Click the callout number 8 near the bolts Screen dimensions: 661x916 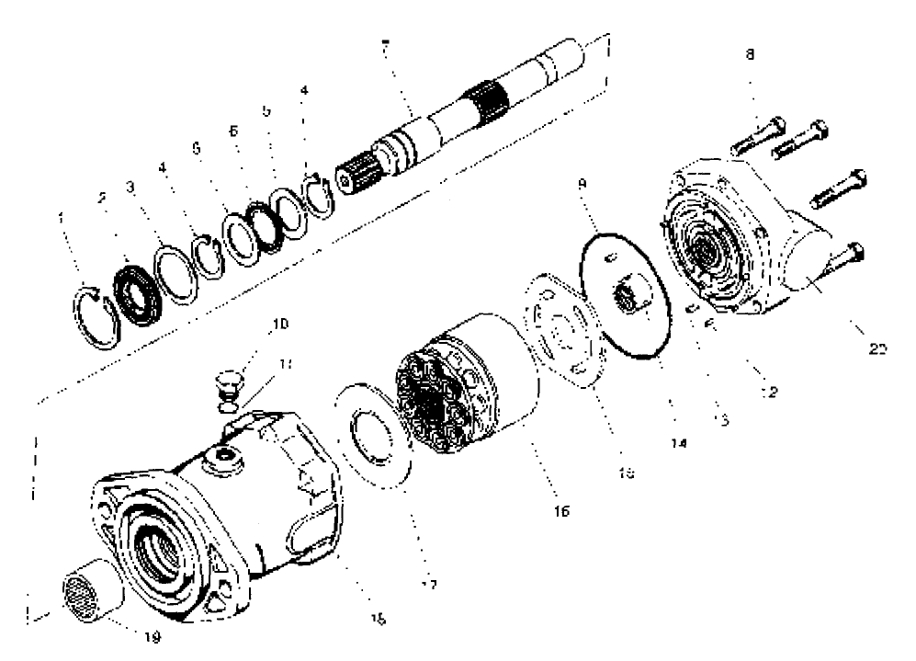750,55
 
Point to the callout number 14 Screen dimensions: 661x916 680,441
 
